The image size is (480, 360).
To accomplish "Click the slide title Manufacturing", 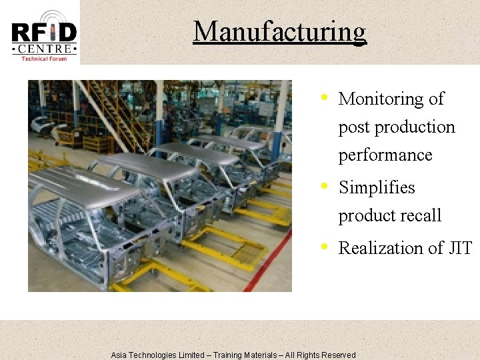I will (279, 31).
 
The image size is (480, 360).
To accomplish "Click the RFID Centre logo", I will (44, 33).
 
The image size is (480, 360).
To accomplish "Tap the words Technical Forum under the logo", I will (44, 59).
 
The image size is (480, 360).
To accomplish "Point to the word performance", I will (385, 155).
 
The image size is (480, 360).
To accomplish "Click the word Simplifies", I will (377, 187).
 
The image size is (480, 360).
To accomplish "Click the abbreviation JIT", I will (460, 248).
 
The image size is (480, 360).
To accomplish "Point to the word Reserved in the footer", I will (339, 355).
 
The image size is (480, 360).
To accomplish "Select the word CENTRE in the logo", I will (44, 49).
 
